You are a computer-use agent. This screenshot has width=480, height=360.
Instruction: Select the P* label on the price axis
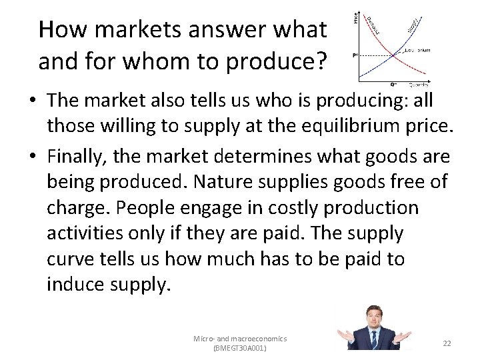click(x=355, y=55)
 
